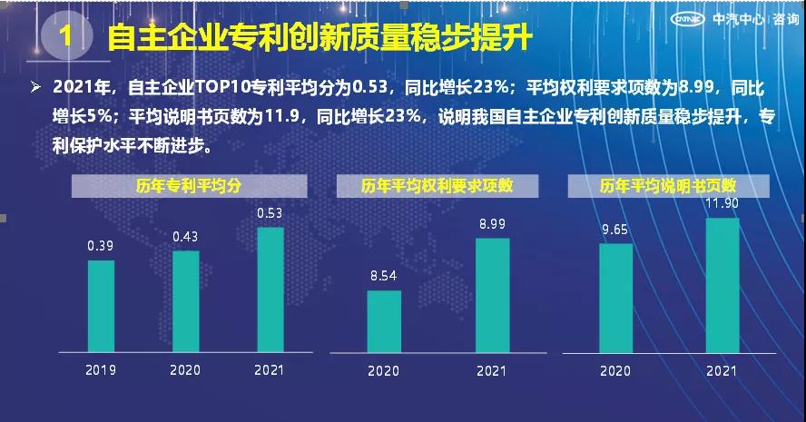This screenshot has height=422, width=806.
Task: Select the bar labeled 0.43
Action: coord(185,301)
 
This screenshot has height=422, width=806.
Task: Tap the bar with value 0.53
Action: coord(270,290)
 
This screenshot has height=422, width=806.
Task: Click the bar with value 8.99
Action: coord(492,295)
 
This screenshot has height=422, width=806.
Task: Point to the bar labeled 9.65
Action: coord(615,298)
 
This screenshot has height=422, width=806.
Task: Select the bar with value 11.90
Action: coord(722,285)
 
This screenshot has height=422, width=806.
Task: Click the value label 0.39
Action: coord(101,246)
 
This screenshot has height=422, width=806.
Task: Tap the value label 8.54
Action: coord(384,276)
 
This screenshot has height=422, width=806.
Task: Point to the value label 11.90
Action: coord(722,203)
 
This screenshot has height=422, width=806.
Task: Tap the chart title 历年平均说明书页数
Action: coord(667,186)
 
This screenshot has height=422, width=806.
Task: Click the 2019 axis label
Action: coord(101,370)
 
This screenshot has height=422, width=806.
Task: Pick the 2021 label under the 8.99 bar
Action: coord(492,371)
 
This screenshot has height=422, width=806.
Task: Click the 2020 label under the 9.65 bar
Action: coord(615,371)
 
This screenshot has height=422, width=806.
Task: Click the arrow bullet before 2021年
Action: coord(36,87)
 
